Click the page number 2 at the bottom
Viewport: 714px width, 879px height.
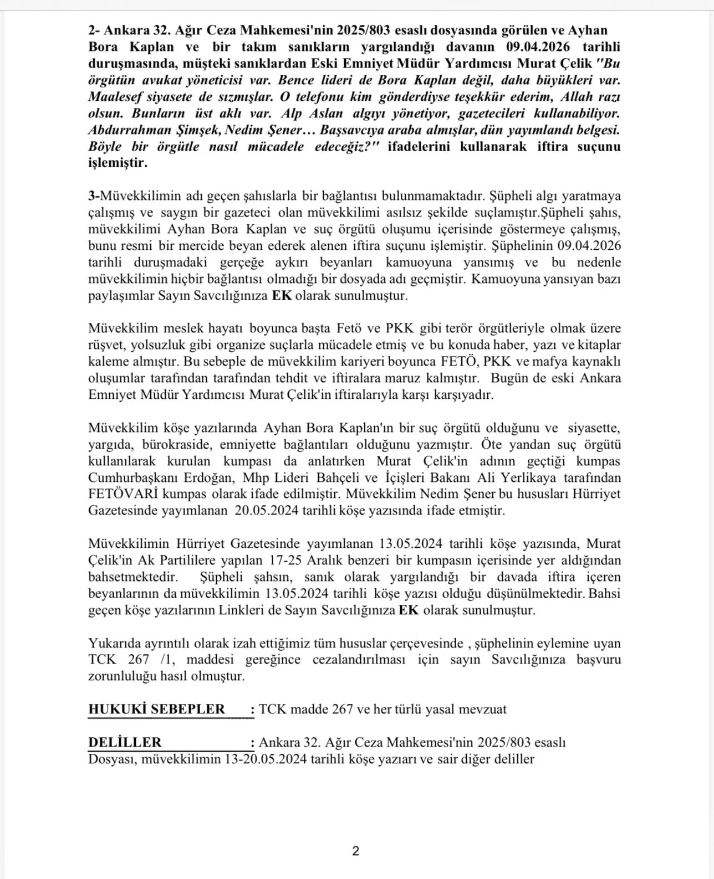356,851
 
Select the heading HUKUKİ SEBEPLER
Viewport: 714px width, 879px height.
157,710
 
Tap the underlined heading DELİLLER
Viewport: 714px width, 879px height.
125,743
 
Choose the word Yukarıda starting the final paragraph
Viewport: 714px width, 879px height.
113,644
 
